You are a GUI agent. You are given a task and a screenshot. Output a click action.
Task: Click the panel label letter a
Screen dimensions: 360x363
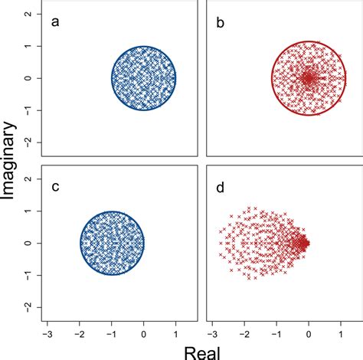coord(54,21)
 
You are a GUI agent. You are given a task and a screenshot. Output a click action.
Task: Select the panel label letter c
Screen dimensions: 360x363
coord(54,186)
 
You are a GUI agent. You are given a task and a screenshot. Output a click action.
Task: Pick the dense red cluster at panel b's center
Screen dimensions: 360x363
coord(308,78)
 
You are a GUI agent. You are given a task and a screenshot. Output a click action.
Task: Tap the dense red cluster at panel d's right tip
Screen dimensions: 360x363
coord(303,244)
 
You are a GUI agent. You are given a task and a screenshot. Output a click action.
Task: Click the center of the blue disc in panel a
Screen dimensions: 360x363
coord(144,78)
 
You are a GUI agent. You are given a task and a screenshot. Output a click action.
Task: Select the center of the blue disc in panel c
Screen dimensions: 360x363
coord(112,244)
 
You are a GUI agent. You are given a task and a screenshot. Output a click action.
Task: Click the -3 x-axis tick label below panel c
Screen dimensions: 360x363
coord(47,334)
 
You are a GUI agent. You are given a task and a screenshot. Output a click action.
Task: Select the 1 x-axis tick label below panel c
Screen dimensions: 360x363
coord(176,334)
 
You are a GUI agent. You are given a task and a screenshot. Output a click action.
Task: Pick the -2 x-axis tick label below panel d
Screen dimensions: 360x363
coord(243,334)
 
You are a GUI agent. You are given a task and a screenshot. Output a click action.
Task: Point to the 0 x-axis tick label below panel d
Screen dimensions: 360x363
coord(309,334)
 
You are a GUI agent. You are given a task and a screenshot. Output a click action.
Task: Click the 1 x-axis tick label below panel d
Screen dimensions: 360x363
coord(341,334)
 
